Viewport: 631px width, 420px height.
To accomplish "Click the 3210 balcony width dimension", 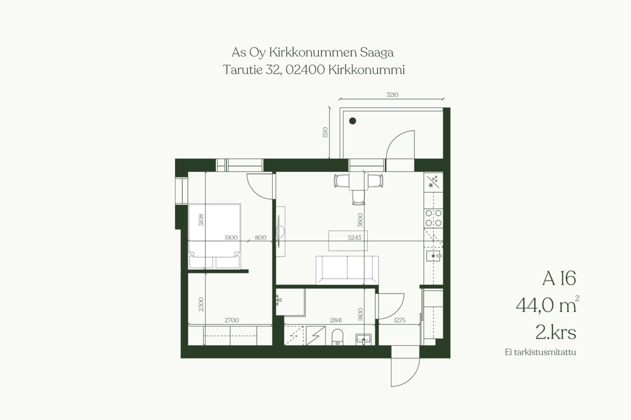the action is pyautogui.click(x=392, y=95).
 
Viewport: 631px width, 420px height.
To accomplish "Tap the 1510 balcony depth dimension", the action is pyautogui.click(x=325, y=132).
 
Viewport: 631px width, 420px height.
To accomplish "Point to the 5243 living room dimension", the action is pyautogui.click(x=354, y=238).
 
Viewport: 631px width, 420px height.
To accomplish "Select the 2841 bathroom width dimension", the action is pyautogui.click(x=336, y=320).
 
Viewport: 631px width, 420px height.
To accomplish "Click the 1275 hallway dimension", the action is pyautogui.click(x=400, y=320).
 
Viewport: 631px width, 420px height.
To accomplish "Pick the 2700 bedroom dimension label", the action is pyautogui.click(x=232, y=320).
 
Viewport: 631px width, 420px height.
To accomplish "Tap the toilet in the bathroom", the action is pyautogui.click(x=338, y=337).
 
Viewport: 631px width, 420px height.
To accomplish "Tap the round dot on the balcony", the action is pyautogui.click(x=353, y=121).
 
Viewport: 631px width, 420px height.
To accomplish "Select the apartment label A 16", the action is pyautogui.click(x=559, y=278).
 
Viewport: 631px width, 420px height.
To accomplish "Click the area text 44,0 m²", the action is pyautogui.click(x=547, y=305).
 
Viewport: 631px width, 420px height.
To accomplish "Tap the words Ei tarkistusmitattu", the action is pyautogui.click(x=540, y=352).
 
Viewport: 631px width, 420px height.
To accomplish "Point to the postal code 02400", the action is pyautogui.click(x=305, y=70).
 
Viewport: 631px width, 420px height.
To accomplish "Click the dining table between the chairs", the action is pyautogui.click(x=358, y=181).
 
